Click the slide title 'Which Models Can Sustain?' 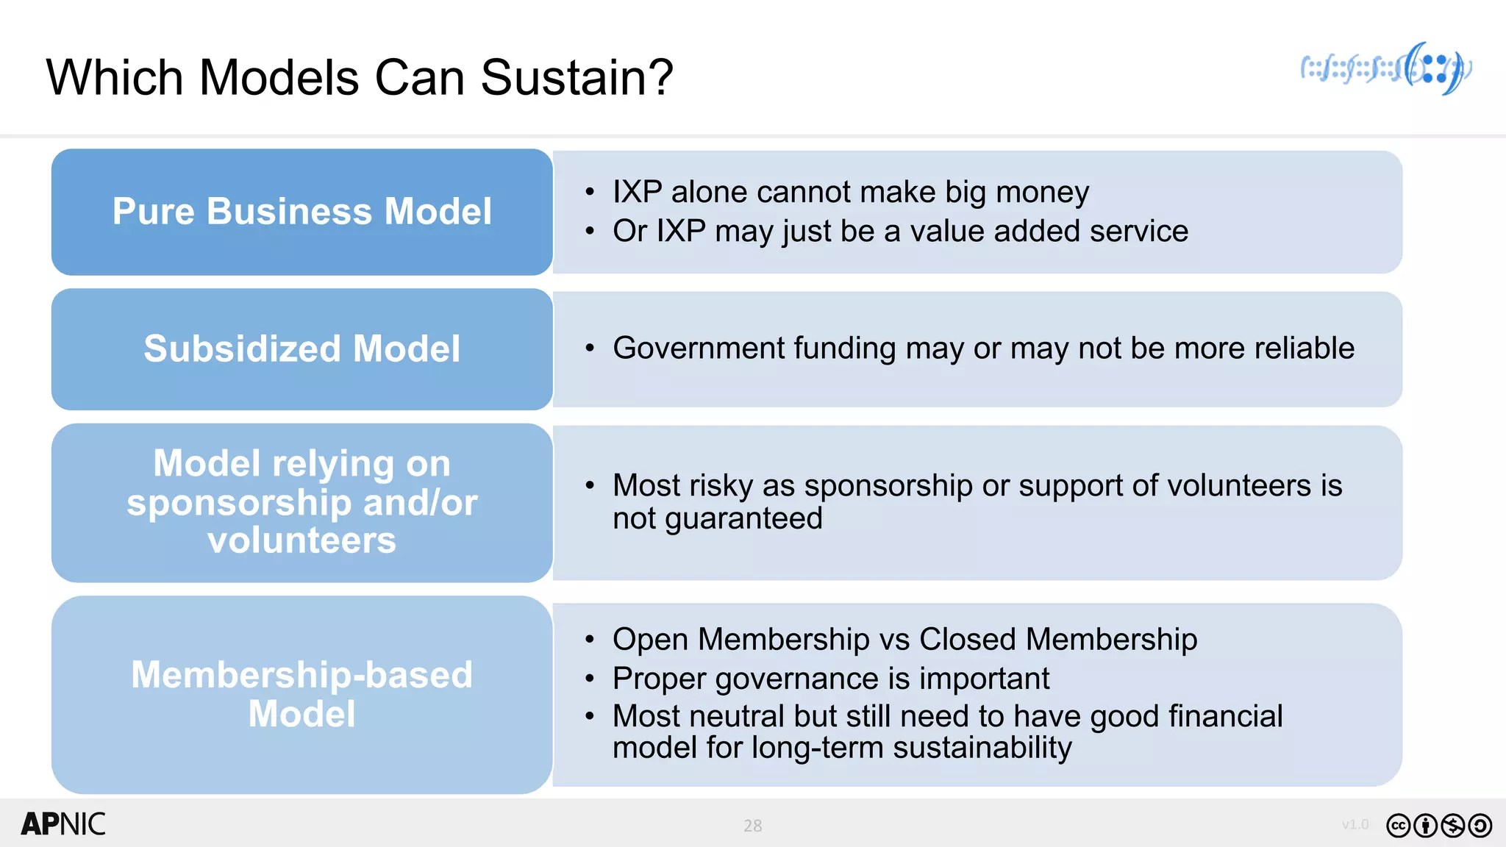(359, 77)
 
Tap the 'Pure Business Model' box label (301, 212)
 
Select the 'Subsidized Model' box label (301, 349)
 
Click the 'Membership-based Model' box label (301, 694)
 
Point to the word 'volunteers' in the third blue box (301, 540)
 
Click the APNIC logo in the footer (63, 824)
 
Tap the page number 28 (752, 826)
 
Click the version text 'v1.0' (1355, 824)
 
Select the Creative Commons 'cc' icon (1398, 826)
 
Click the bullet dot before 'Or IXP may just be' (590, 231)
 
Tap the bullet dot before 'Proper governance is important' (590, 679)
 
